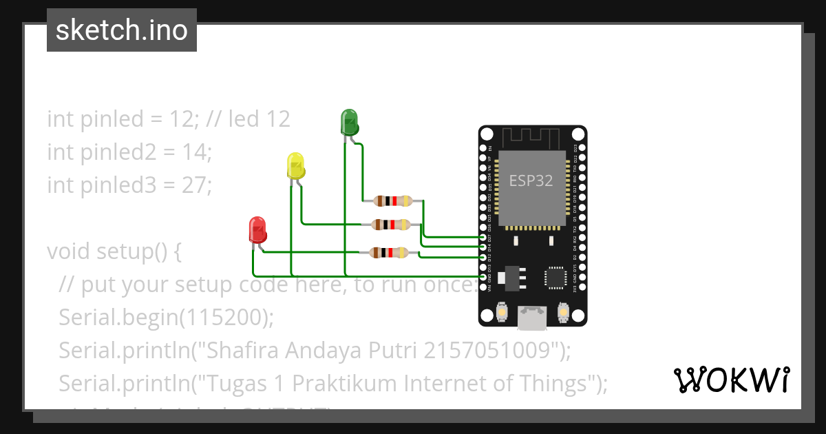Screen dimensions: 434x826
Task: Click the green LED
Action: pos(349,122)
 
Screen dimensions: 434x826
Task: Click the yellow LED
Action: pos(295,167)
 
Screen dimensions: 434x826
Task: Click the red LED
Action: pos(257,229)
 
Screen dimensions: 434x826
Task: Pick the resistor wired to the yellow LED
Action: pos(390,224)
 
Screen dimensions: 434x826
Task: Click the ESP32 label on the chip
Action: pos(531,180)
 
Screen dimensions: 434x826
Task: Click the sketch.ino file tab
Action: pos(122,30)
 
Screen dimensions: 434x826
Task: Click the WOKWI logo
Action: pos(732,380)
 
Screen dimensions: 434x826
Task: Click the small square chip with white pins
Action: pos(556,277)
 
